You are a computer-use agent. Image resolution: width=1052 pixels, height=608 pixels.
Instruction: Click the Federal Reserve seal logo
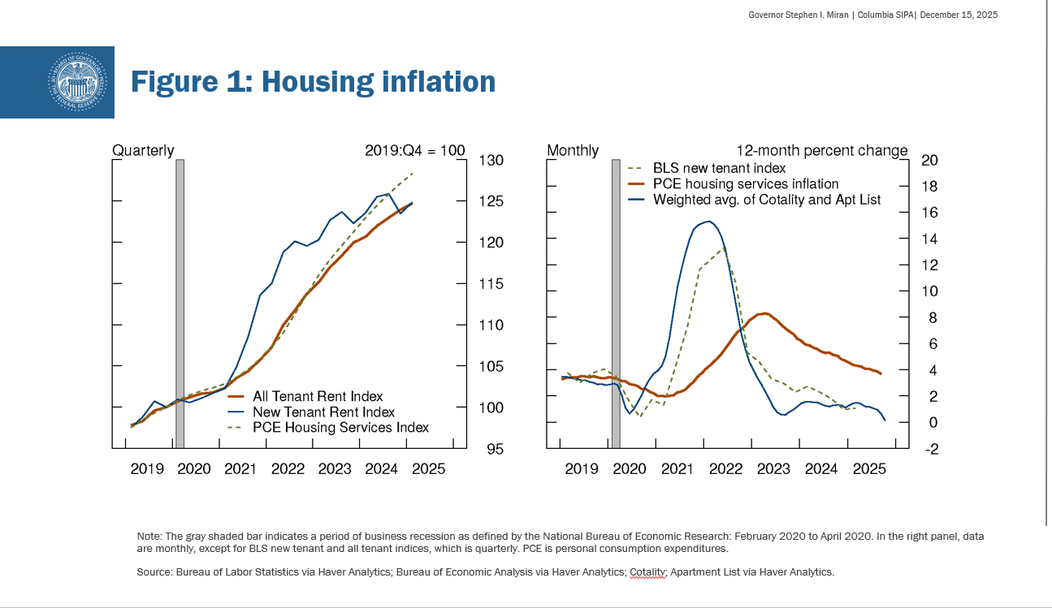coord(78,82)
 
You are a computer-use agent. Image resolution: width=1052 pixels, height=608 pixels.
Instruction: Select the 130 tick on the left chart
coord(492,160)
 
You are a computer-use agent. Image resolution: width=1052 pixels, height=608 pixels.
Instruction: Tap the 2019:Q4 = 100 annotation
coord(414,150)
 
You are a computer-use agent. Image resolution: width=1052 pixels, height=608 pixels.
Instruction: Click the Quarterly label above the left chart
coord(143,150)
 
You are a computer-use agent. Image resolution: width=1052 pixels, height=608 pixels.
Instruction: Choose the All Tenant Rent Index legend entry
coord(318,396)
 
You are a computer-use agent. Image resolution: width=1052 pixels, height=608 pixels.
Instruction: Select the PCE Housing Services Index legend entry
coord(340,427)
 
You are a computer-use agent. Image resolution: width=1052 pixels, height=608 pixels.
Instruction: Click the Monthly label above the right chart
coord(573,150)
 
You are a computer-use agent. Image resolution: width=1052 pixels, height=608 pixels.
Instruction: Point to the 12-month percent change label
coord(821,150)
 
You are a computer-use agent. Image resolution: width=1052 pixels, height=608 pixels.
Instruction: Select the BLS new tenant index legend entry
coord(719,168)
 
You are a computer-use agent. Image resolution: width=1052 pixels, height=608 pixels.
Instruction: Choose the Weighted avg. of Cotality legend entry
coord(767,199)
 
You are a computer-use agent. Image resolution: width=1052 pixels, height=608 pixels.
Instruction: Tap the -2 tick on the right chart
coord(930,449)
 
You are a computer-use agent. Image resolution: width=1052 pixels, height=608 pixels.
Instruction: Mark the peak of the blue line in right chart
coord(709,221)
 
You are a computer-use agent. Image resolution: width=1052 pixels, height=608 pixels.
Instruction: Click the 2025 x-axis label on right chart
coord(869,469)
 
